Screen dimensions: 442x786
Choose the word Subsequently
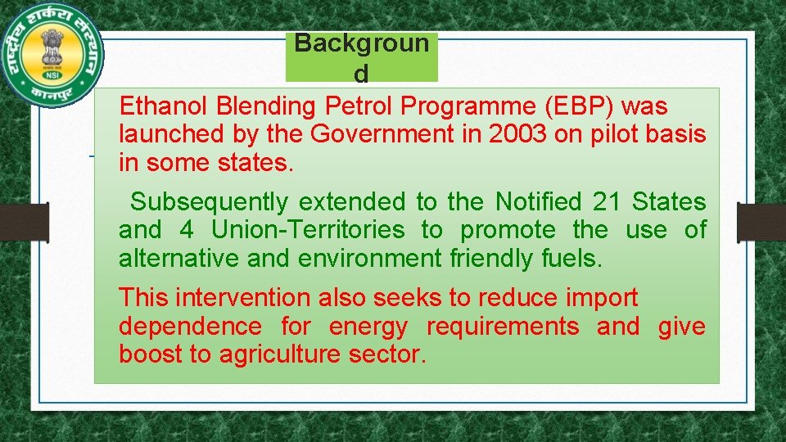tap(210, 201)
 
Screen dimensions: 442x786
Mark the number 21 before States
tap(606, 201)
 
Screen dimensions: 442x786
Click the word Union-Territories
tap(308, 230)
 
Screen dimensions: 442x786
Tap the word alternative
tap(179, 259)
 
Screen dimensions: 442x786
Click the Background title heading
tap(361, 57)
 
